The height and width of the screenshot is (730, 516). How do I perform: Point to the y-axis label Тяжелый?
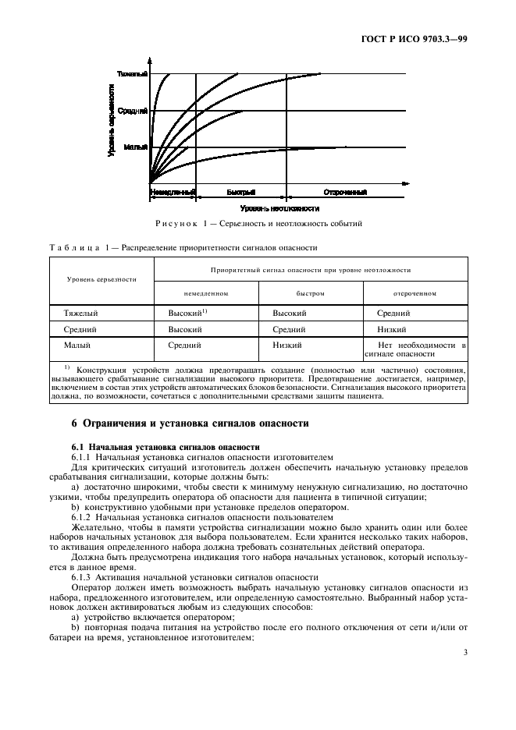pos(132,74)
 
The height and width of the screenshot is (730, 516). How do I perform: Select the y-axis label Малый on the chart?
pos(135,147)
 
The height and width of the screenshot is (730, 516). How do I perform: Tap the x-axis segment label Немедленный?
pos(171,191)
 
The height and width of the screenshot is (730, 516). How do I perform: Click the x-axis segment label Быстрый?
pos(241,191)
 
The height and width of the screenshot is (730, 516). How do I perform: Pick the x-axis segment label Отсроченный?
pos(345,191)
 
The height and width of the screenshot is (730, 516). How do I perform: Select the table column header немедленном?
pos(206,293)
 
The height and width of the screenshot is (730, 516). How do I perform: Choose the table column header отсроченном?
pos(415,293)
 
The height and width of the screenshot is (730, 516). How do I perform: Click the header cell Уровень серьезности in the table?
pos(101,278)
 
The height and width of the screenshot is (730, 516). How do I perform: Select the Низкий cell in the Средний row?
pos(393,328)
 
